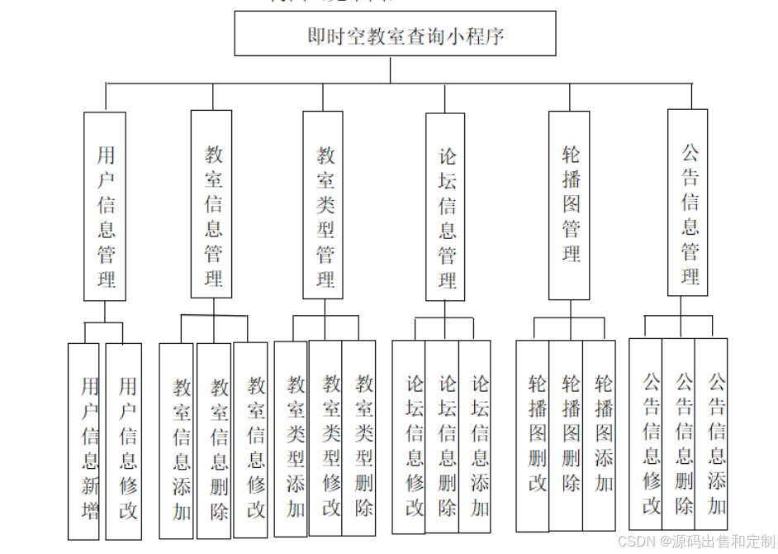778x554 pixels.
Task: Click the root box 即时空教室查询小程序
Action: pos(395,35)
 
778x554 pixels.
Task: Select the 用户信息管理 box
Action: pos(105,206)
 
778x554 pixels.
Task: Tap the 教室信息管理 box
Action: pos(211,204)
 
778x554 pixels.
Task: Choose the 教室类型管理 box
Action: pos(323,205)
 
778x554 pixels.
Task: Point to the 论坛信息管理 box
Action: pos(445,207)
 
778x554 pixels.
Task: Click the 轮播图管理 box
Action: pos(569,205)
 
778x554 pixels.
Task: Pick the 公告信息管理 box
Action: pos(687,203)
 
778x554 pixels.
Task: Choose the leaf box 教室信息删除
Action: pos(215,442)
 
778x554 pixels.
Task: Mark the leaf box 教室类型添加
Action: pos(292,438)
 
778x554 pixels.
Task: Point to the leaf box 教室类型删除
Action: pos(360,438)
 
